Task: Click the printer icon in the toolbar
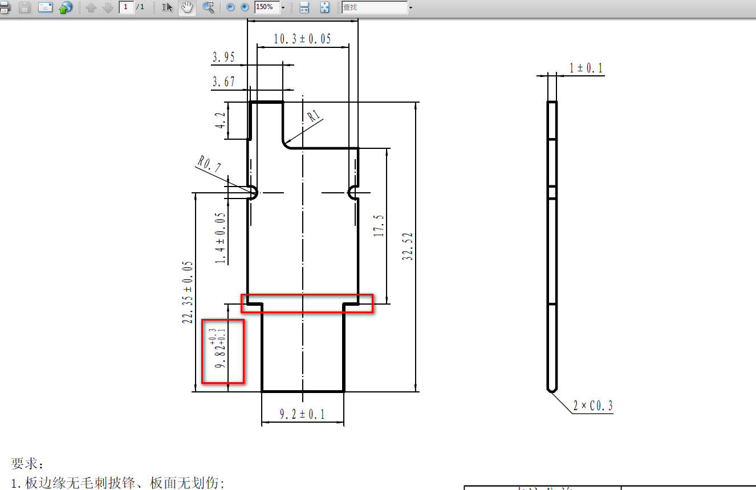[x=5, y=7]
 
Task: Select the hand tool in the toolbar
[x=187, y=7]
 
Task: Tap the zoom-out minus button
[x=230, y=7]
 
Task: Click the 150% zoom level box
[x=266, y=7]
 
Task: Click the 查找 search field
[x=374, y=7]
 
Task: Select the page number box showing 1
[x=125, y=7]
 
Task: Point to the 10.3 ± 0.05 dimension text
[x=302, y=39]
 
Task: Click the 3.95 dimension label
[x=223, y=57]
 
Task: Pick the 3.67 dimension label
[x=223, y=82]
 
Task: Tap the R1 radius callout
[x=314, y=118]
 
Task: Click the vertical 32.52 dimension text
[x=408, y=246]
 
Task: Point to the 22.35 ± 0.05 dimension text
[x=188, y=293]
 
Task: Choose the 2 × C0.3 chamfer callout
[x=593, y=406]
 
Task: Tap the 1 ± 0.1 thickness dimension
[x=586, y=68]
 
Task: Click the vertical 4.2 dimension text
[x=220, y=120]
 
